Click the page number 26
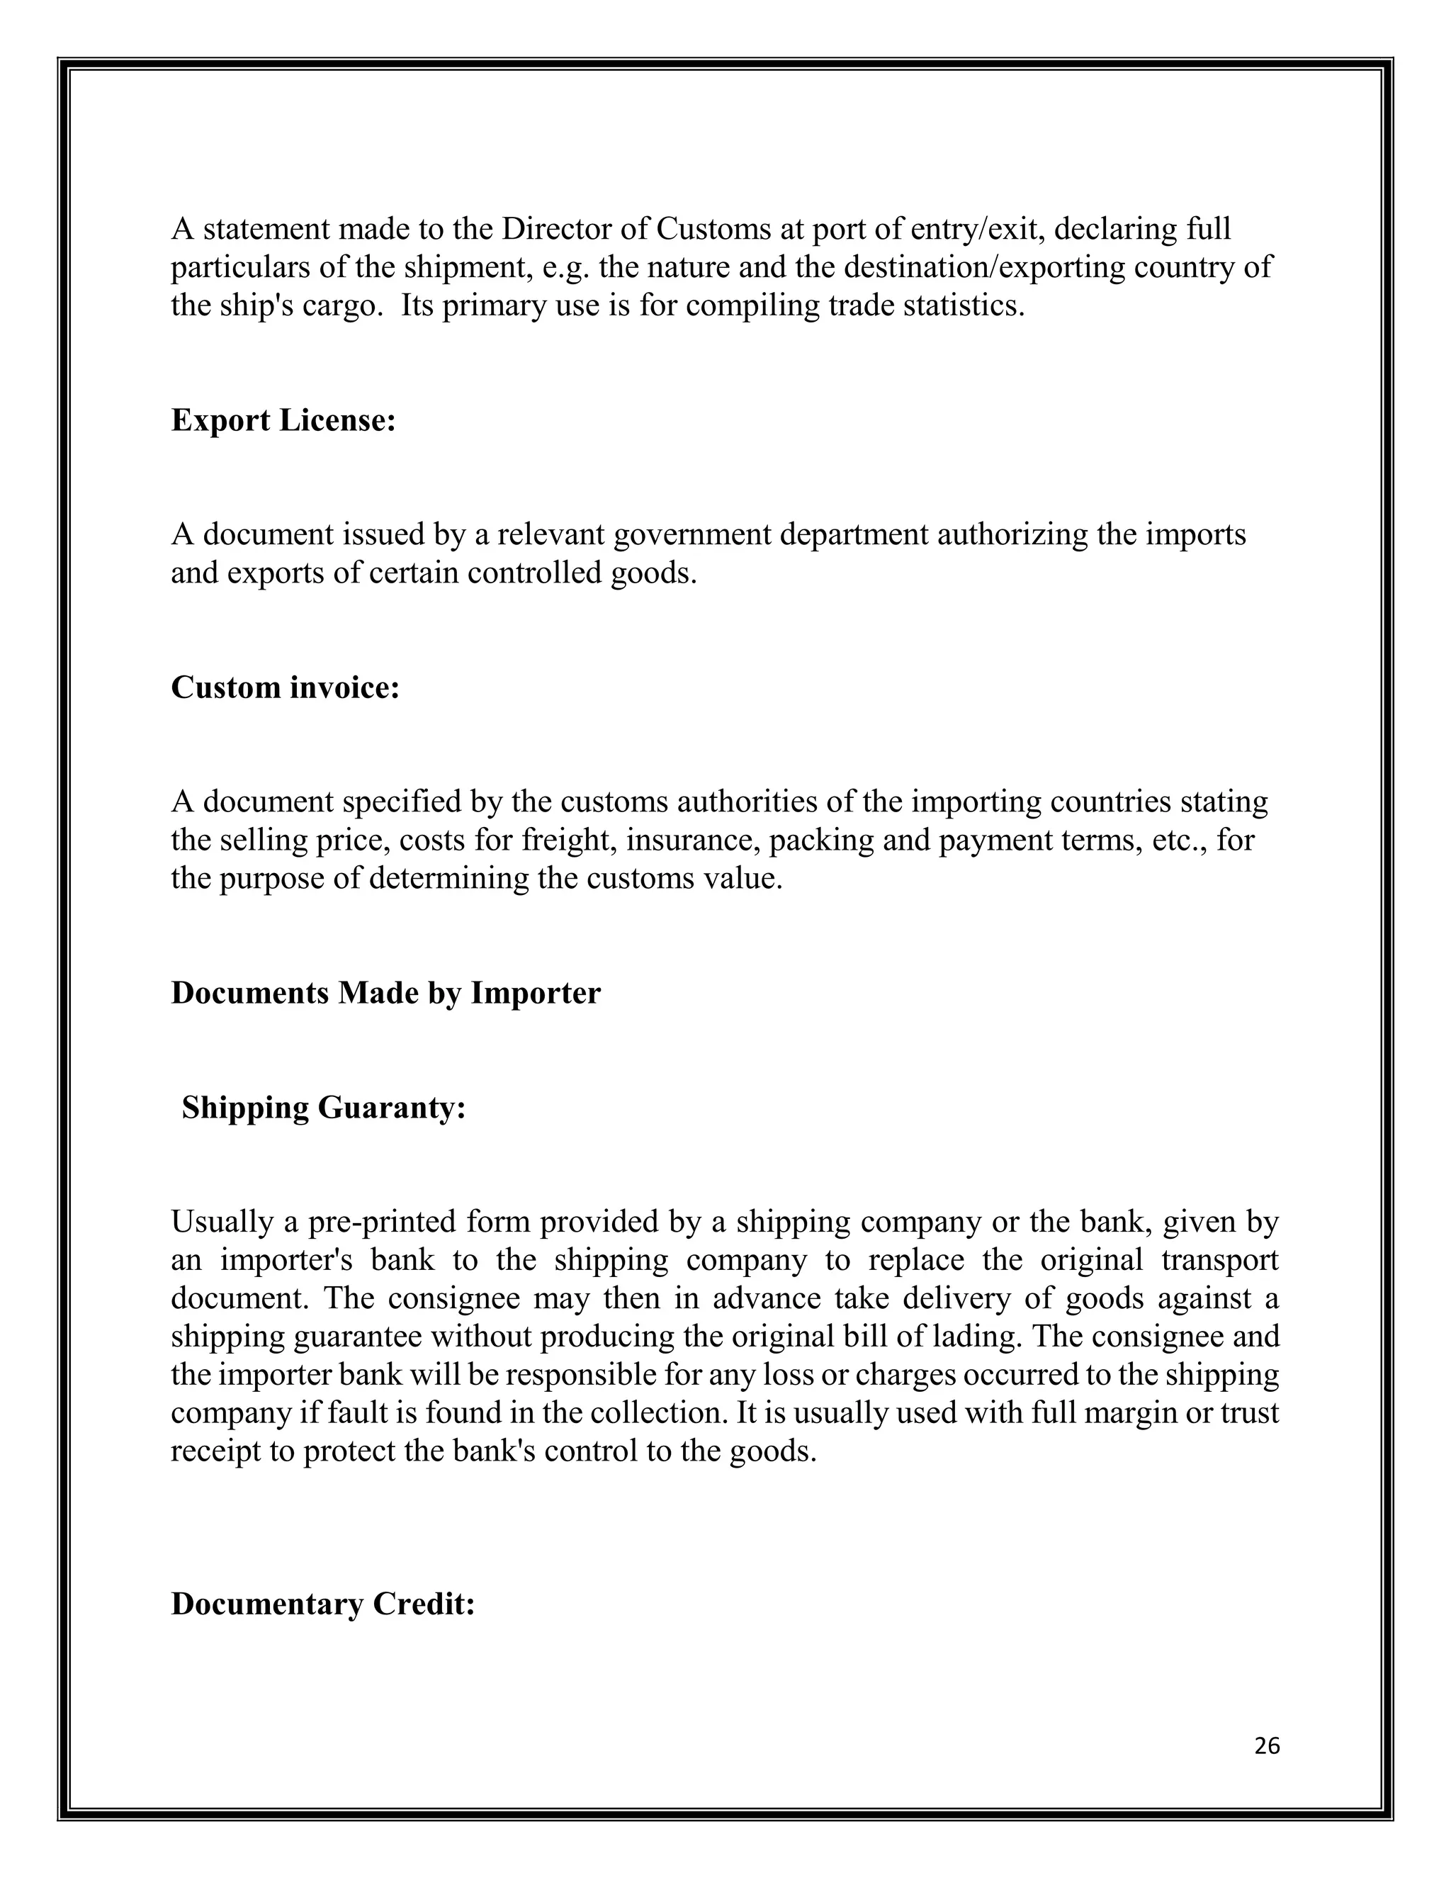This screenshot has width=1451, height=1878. pos(1267,1745)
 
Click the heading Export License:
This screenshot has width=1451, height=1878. pos(283,420)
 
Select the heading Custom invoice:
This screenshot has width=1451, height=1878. pos(286,687)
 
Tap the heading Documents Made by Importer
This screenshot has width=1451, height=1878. pos(385,992)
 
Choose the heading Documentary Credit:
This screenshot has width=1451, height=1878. pos(322,1604)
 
